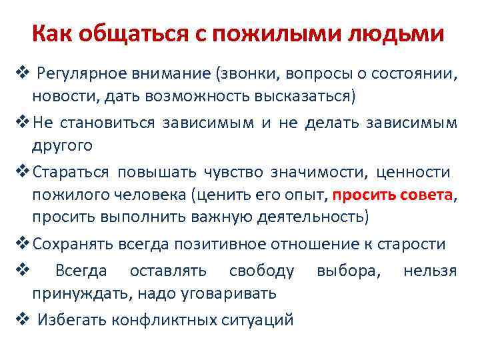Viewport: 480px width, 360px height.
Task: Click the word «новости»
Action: (64, 95)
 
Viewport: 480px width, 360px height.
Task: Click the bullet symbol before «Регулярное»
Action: (20, 73)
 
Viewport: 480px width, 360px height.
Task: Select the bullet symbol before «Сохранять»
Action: (20, 244)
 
